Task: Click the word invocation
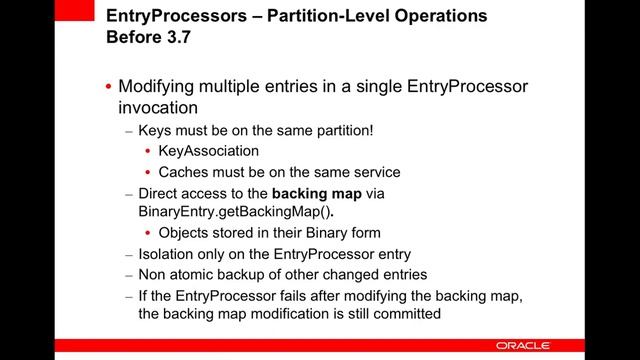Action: pos(158,106)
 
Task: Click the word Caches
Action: pos(183,172)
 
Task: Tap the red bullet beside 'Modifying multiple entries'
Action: pos(108,87)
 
